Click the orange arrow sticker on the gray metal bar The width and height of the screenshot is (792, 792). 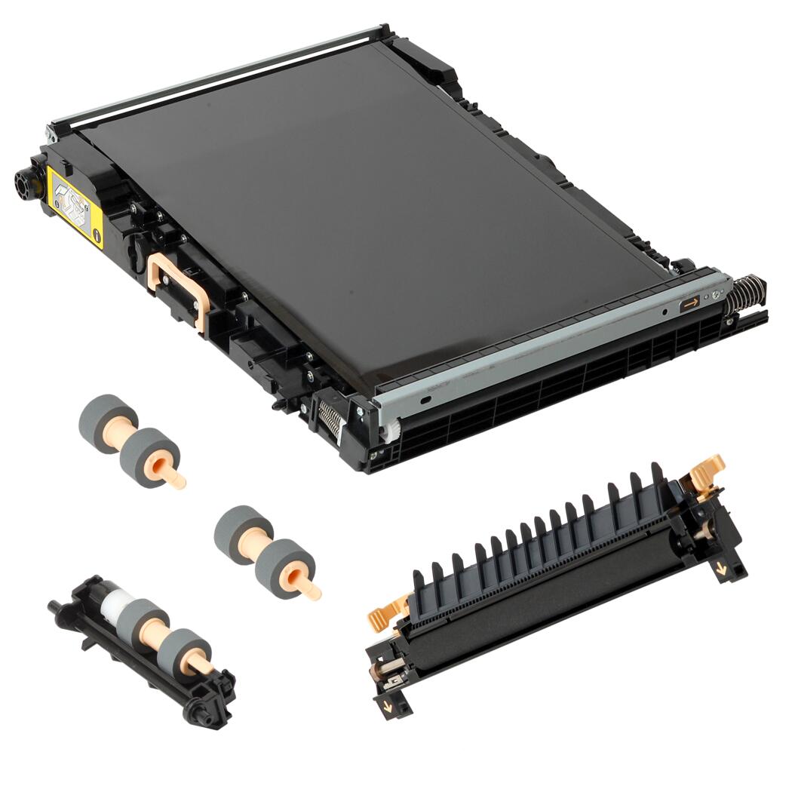pyautogui.click(x=689, y=304)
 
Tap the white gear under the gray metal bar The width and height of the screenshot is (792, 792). pyautogui.click(x=388, y=433)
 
